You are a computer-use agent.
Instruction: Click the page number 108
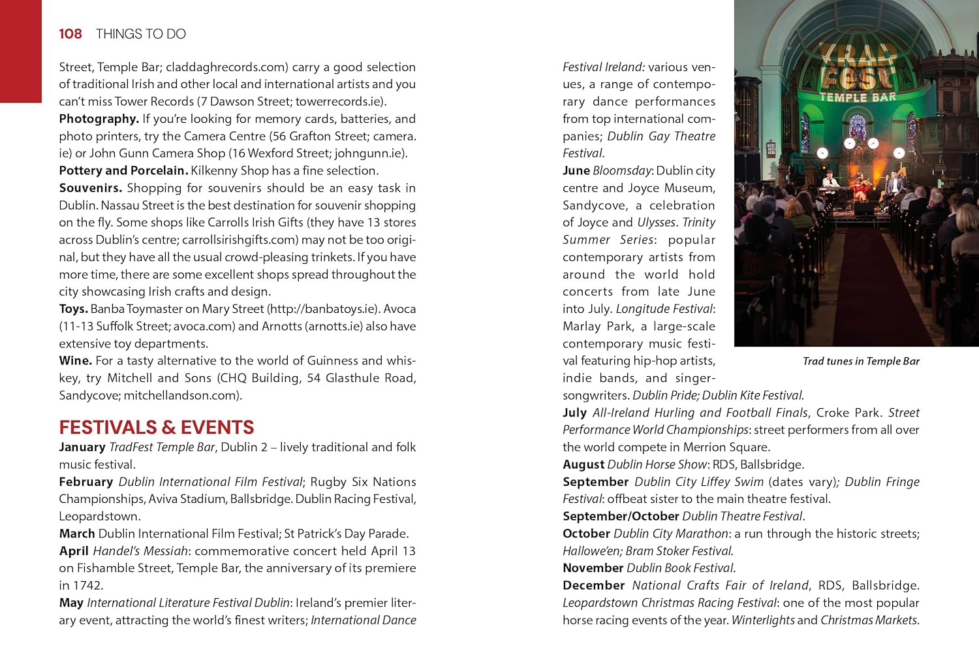point(70,34)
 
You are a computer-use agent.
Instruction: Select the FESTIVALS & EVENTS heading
point(156,427)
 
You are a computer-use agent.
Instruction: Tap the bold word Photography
point(99,119)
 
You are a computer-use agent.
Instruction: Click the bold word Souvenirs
point(90,188)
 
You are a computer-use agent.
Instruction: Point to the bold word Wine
point(75,360)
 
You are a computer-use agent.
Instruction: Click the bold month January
point(82,447)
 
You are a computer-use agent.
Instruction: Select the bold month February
point(85,482)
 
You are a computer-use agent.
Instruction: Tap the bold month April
point(73,551)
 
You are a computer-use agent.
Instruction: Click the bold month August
point(583,464)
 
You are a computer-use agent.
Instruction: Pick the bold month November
point(593,568)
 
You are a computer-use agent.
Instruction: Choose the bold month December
point(593,586)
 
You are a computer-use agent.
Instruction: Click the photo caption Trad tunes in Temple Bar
point(861,361)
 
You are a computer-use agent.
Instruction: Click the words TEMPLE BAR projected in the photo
point(857,98)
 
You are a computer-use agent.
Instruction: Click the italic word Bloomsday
point(622,171)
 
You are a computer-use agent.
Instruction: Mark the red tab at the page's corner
point(21,51)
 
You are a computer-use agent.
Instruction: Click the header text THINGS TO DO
point(140,34)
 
